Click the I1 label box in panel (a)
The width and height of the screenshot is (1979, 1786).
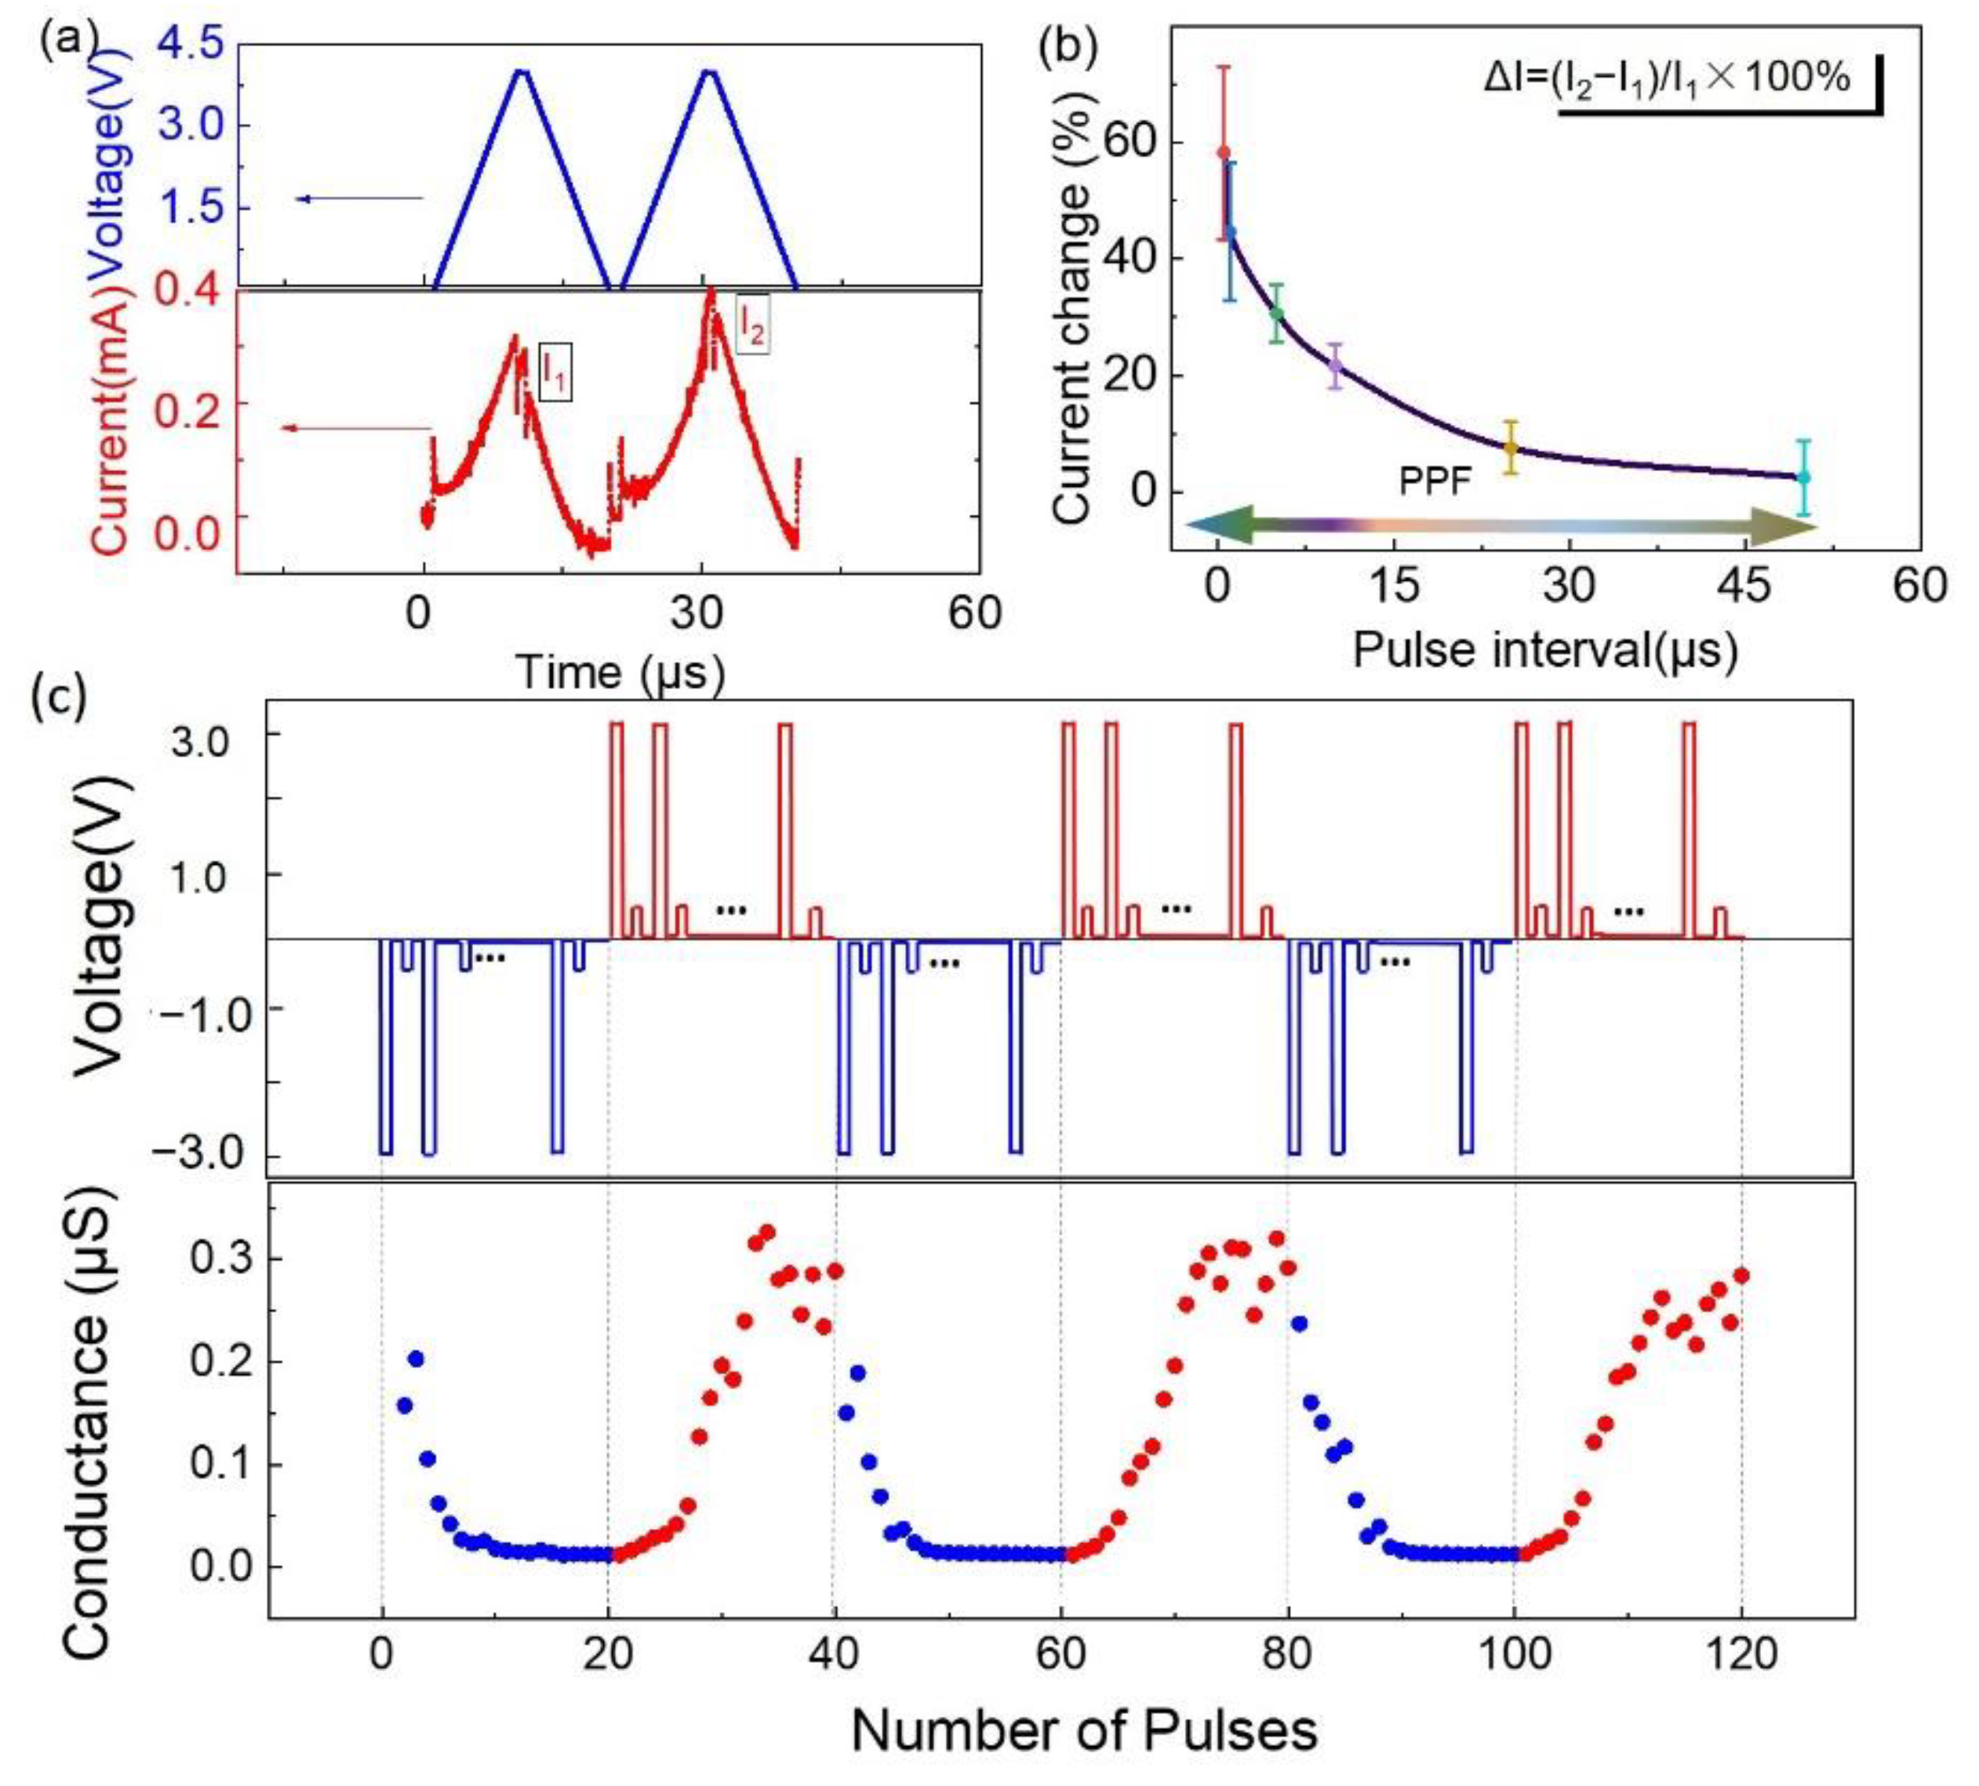(555, 371)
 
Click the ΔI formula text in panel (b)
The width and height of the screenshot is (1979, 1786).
(1666, 78)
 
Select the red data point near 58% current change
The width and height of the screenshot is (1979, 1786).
(1223, 152)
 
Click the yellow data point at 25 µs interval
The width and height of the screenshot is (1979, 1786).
(1511, 448)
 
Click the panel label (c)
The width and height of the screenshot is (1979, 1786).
(59, 695)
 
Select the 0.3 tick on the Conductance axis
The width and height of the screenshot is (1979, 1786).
(223, 1258)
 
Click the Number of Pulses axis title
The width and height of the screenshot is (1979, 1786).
(1084, 1730)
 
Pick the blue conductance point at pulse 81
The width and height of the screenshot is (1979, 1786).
(1300, 1323)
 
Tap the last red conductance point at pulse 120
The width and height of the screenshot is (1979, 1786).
(1742, 1276)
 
